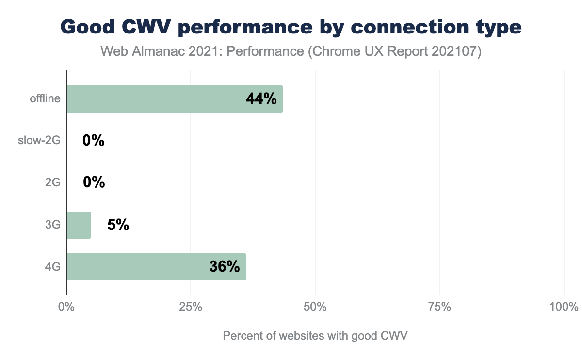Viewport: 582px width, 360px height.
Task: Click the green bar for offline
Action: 175,99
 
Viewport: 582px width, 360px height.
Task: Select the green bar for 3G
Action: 79,225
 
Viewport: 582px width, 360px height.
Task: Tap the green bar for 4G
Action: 156,267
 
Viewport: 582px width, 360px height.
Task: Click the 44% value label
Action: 261,99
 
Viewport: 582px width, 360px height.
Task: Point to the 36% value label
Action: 225,267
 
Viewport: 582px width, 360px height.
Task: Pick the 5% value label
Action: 118,225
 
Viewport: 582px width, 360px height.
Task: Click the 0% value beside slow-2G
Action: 94,141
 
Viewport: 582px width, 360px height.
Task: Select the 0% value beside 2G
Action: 94,183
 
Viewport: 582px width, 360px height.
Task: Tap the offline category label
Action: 45,99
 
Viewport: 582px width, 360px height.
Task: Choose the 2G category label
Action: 52,183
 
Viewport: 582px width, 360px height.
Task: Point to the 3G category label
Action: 52,225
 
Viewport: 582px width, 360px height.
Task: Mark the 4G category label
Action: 52,267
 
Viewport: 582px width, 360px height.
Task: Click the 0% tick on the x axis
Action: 66,307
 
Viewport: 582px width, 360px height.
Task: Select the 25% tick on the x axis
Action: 191,307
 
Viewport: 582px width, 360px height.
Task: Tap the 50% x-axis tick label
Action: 315,307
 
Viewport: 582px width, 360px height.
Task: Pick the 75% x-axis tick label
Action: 440,307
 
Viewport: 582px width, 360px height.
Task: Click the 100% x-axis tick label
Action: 564,307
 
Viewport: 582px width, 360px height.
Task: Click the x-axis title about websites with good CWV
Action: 315,336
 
